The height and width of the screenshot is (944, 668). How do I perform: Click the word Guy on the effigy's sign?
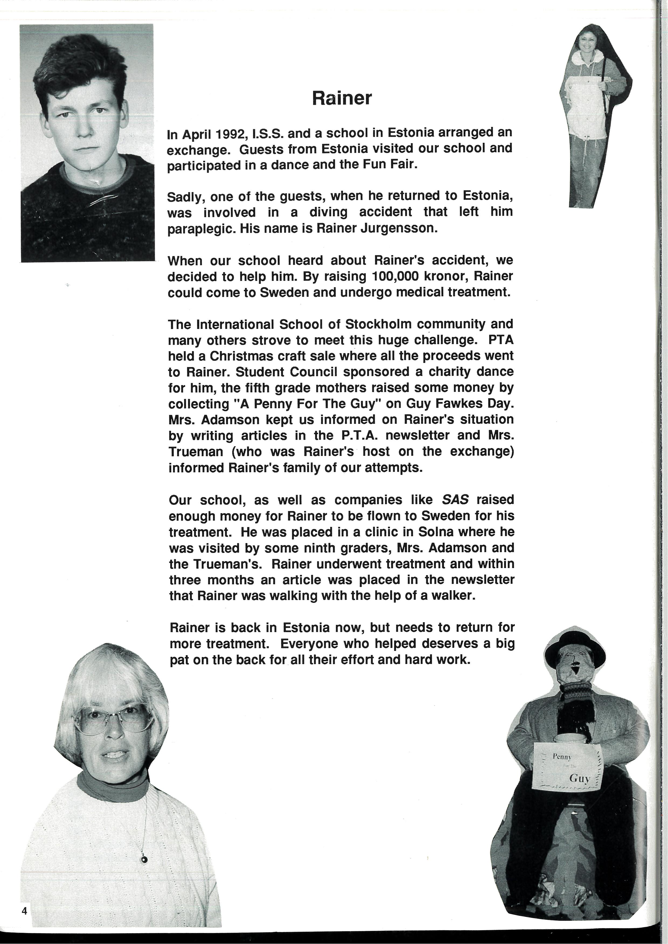click(x=579, y=778)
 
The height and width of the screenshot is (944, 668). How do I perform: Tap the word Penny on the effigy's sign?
click(x=562, y=756)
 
